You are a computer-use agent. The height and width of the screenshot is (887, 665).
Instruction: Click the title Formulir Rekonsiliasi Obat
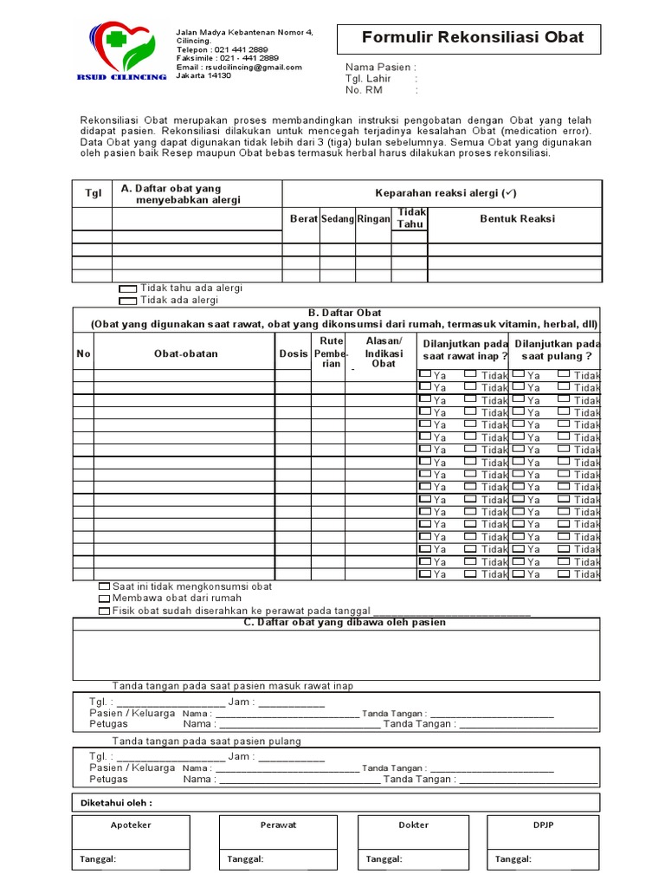click(472, 37)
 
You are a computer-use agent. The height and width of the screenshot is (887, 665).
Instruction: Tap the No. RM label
click(364, 89)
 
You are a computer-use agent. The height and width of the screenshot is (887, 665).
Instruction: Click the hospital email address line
click(239, 67)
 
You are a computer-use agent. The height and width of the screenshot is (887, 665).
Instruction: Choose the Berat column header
click(303, 219)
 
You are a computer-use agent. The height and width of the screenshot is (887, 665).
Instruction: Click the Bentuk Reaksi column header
click(517, 219)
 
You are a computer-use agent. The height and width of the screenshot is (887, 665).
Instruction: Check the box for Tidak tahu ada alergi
click(127, 288)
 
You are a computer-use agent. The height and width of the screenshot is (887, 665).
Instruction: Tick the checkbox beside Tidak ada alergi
click(127, 301)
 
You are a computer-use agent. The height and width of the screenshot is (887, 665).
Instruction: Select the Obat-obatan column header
click(185, 353)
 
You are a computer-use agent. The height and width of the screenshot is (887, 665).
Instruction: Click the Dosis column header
click(294, 353)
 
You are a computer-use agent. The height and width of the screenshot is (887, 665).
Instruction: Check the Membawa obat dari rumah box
click(105, 599)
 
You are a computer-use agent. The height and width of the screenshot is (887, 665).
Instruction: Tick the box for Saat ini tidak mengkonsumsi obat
click(105, 586)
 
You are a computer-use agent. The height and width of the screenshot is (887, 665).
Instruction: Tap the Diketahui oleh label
click(115, 802)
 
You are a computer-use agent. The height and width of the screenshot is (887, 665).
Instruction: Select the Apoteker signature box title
click(131, 825)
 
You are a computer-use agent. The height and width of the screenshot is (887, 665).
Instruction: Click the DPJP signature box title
click(543, 825)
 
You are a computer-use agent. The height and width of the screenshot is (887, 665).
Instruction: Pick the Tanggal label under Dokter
click(384, 859)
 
